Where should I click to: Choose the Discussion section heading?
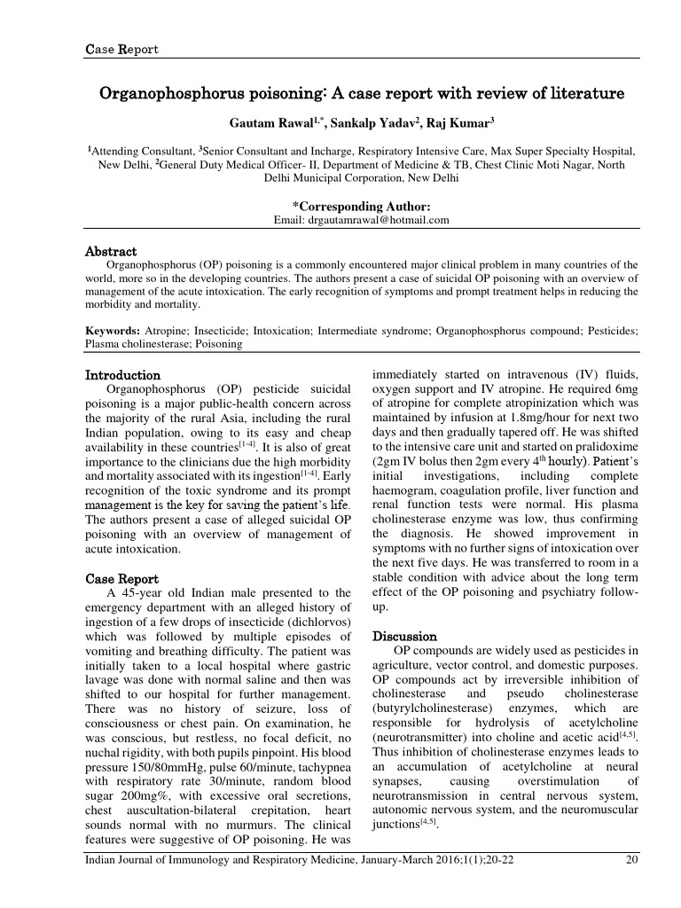click(x=404, y=637)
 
